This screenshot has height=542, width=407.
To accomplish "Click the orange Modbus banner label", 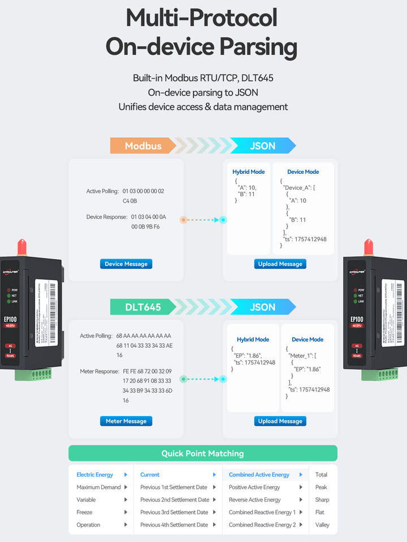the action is [143, 146].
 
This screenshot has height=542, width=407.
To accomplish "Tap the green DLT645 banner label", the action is [143, 307].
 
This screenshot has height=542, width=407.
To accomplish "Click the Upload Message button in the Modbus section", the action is [280, 264].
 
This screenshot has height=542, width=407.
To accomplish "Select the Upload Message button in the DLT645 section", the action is [280, 421].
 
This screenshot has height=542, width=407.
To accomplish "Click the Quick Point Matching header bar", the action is [203, 453].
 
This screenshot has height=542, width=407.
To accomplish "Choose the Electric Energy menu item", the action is [95, 475].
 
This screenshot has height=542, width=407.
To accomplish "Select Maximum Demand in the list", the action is [98, 487].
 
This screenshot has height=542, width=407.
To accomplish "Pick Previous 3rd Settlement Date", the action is [174, 512].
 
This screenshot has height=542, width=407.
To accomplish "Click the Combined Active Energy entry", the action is [259, 475].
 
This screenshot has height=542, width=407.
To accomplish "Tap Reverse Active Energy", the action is [254, 500].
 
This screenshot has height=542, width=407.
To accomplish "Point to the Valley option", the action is [322, 524].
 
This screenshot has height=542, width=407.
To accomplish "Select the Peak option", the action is [321, 487].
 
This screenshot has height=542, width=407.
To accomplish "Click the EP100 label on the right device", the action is [357, 319].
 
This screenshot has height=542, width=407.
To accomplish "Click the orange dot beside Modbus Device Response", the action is [183, 220].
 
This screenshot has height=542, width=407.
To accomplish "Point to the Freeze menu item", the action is [84, 512].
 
